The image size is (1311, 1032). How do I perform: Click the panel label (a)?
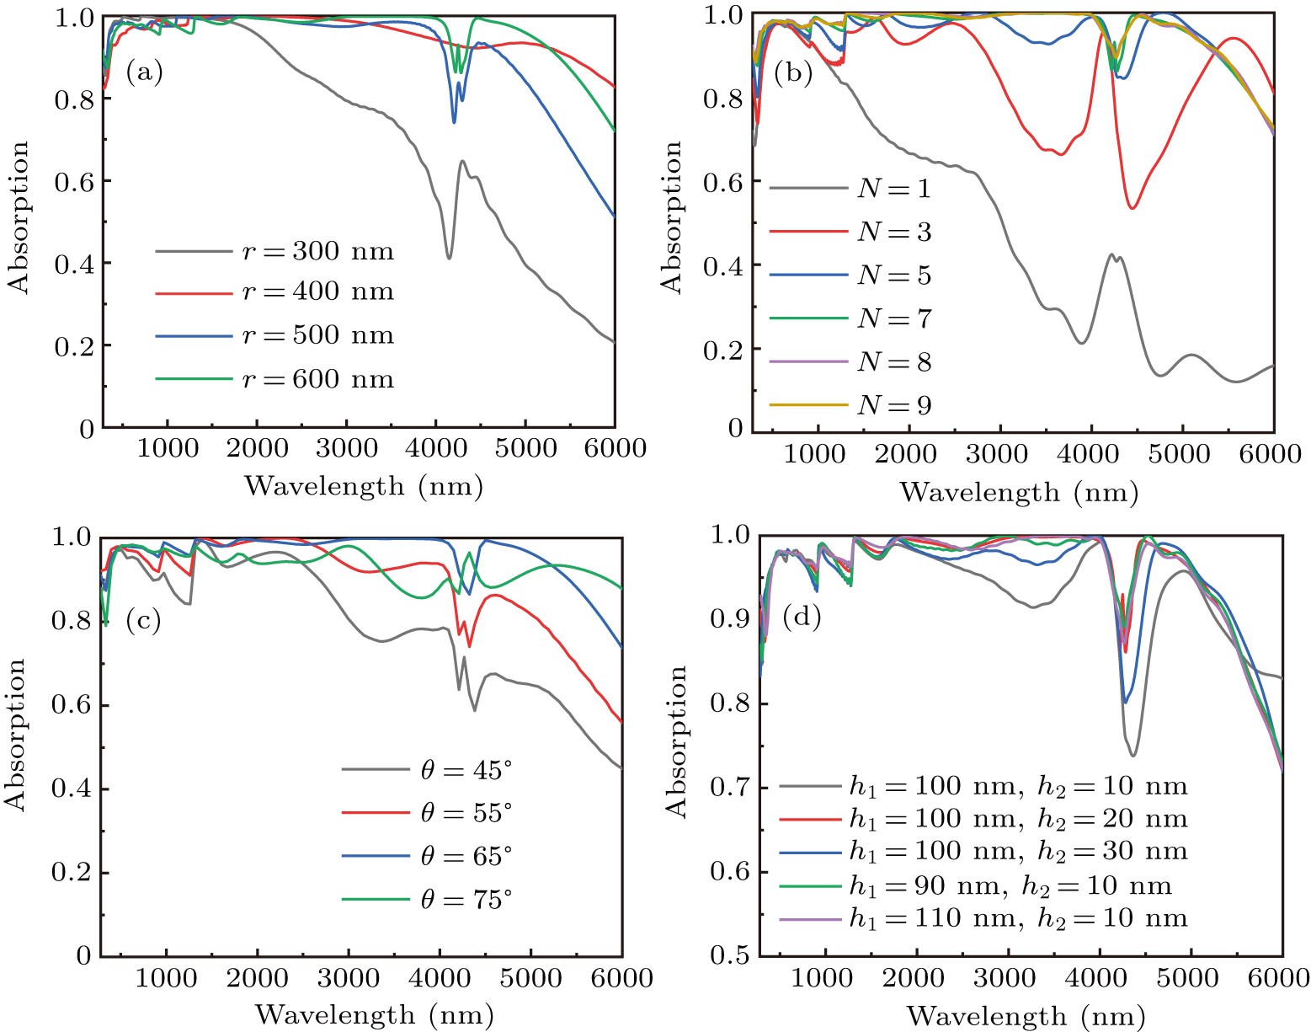tap(144, 72)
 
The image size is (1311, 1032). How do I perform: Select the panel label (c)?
tap(143, 621)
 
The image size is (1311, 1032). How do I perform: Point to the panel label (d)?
tap(802, 618)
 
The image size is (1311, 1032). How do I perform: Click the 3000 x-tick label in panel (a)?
tap(346, 448)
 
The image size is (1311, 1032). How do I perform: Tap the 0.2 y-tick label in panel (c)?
tap(71, 873)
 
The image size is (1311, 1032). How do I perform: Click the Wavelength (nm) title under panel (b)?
tap(1019, 492)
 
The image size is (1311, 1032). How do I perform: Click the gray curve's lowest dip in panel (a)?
tap(449, 258)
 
